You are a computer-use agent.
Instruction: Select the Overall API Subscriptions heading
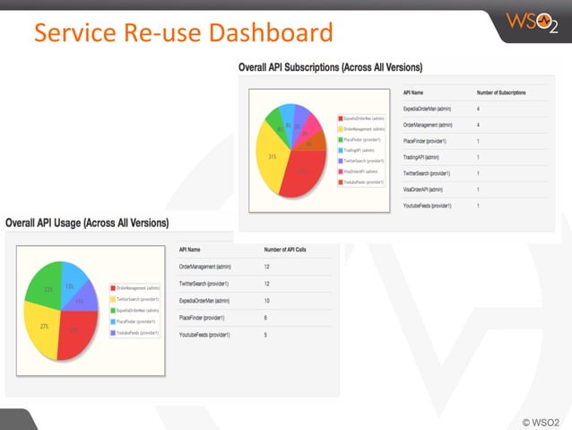(330, 67)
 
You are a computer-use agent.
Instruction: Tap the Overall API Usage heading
(87, 222)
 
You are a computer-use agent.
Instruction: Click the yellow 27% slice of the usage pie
(41, 329)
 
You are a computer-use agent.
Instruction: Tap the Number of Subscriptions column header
(501, 92)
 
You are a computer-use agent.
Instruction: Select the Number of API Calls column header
(285, 249)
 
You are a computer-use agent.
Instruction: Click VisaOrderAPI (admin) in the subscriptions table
(423, 189)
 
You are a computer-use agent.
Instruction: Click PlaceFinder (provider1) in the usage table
(202, 318)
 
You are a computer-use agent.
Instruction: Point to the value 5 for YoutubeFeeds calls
(265, 335)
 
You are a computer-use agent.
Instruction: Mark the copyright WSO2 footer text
(541, 420)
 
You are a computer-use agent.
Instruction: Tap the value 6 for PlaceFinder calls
(265, 318)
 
